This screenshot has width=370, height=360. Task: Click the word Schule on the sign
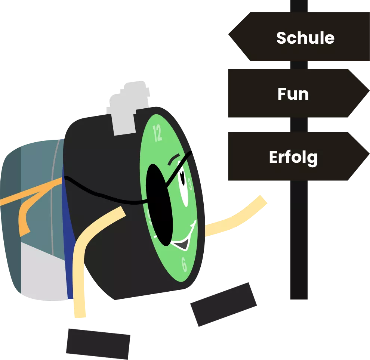(305, 38)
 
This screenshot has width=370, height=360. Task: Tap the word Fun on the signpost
(293, 94)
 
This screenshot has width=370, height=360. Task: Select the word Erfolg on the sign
(293, 157)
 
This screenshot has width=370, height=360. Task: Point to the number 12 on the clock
(157, 133)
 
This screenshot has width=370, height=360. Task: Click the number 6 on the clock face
(184, 264)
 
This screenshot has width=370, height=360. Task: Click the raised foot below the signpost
(223, 304)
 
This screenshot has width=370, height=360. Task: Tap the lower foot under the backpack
(98, 344)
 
